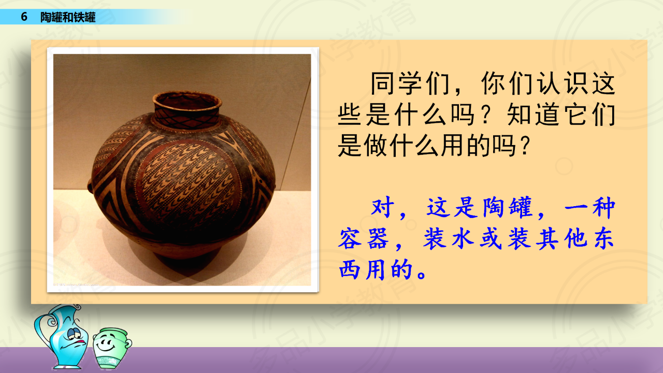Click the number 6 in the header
pos(24,17)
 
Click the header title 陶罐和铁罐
pos(68,17)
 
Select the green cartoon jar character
pos(111,348)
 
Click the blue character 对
pos(383,207)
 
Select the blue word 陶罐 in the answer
pos(507,207)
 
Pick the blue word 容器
pos(364,239)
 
